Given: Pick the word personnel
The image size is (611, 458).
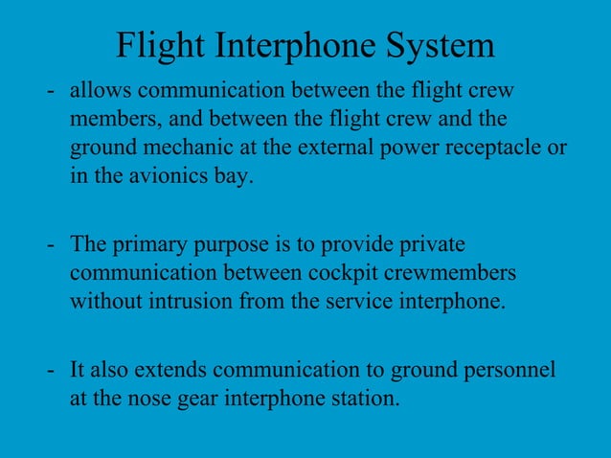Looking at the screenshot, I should [508, 369].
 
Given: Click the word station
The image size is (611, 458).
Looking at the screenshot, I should [363, 398].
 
